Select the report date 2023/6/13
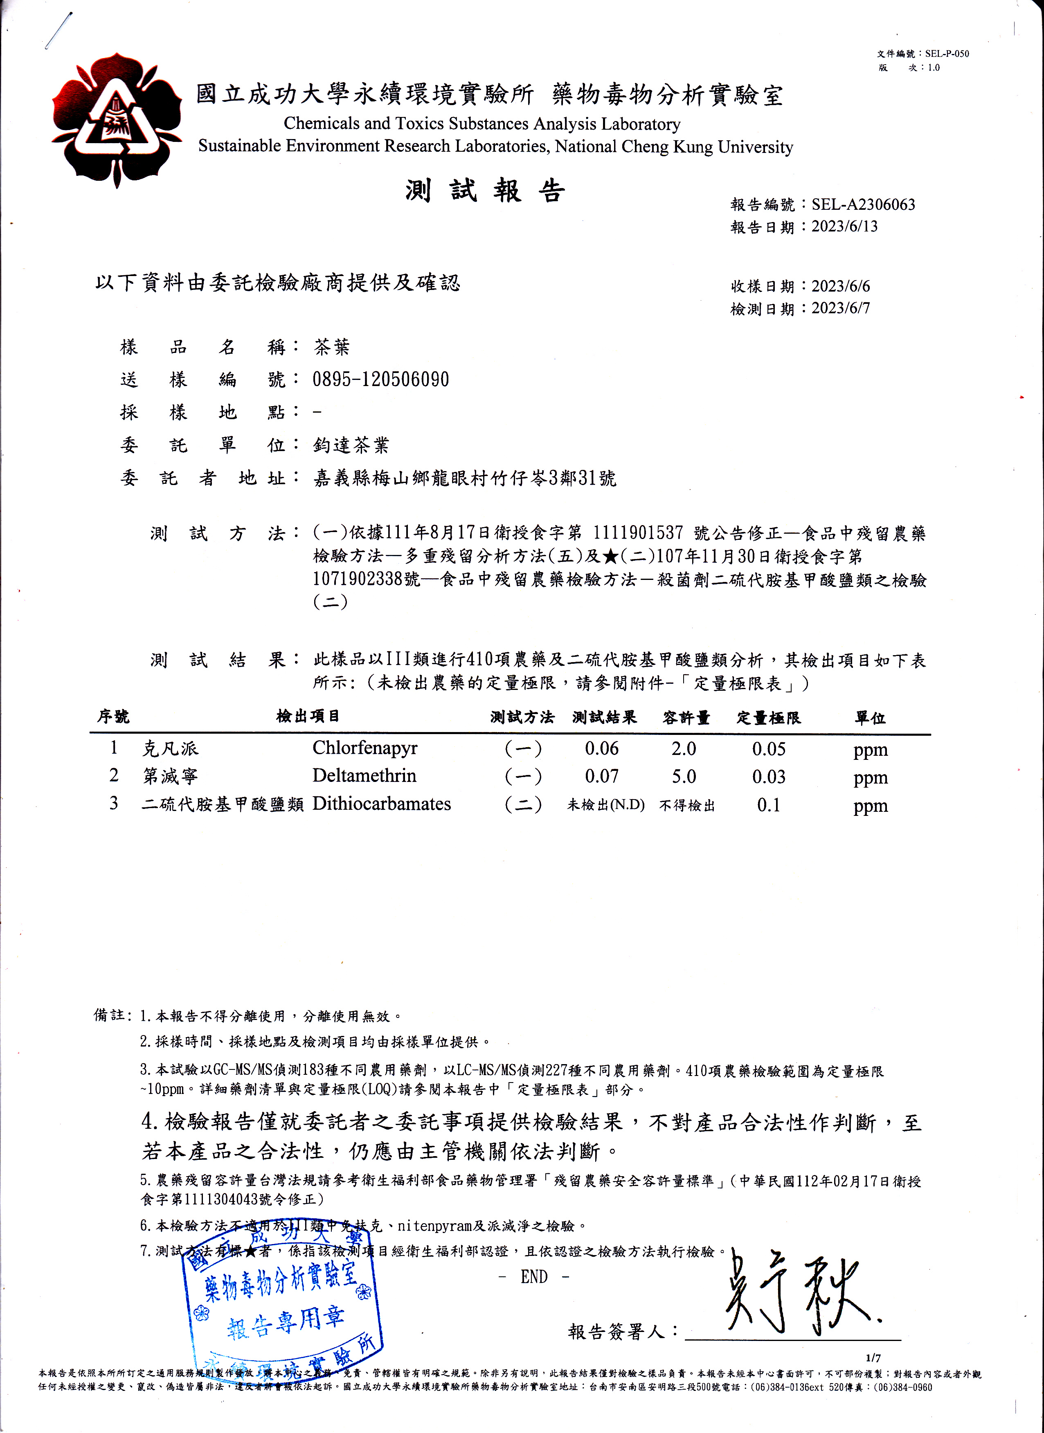pyautogui.click(x=844, y=226)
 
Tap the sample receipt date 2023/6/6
pyautogui.click(x=841, y=286)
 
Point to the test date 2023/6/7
pyautogui.click(x=841, y=308)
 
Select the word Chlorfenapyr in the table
pyautogui.click(x=364, y=748)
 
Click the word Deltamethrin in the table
pyautogui.click(x=364, y=776)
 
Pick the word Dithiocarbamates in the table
pyautogui.click(x=381, y=804)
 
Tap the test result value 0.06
pyautogui.click(x=602, y=749)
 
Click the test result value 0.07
pyautogui.click(x=602, y=777)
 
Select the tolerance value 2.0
pyautogui.click(x=684, y=749)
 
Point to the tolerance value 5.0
pyautogui.click(x=684, y=777)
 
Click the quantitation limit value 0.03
pyautogui.click(x=768, y=777)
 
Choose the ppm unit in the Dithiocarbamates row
pyautogui.click(x=870, y=806)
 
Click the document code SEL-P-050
pyautogui.click(x=947, y=54)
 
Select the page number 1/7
pyautogui.click(x=873, y=1358)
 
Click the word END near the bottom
pyautogui.click(x=534, y=1277)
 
